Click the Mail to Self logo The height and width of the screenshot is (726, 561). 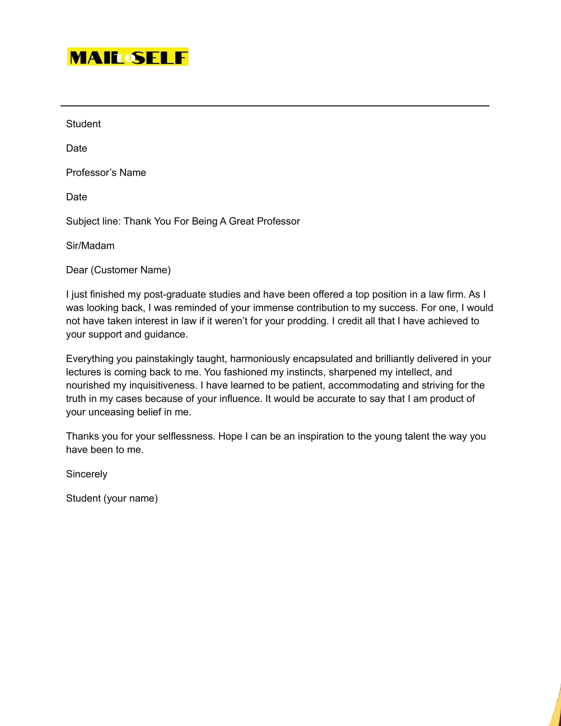point(128,57)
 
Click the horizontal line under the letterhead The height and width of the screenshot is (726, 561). point(275,106)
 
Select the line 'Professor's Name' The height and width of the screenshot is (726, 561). point(106,173)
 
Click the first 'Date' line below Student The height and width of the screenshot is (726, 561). point(77,148)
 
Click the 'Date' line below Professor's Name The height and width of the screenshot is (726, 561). point(77,197)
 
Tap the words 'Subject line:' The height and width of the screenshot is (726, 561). point(93,221)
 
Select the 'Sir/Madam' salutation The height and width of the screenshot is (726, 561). point(90,246)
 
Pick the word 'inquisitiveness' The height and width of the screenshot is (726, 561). point(163,385)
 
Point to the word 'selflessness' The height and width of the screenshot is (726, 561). point(186,436)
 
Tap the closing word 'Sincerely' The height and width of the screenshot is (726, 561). point(86,474)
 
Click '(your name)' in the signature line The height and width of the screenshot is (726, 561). point(131,498)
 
